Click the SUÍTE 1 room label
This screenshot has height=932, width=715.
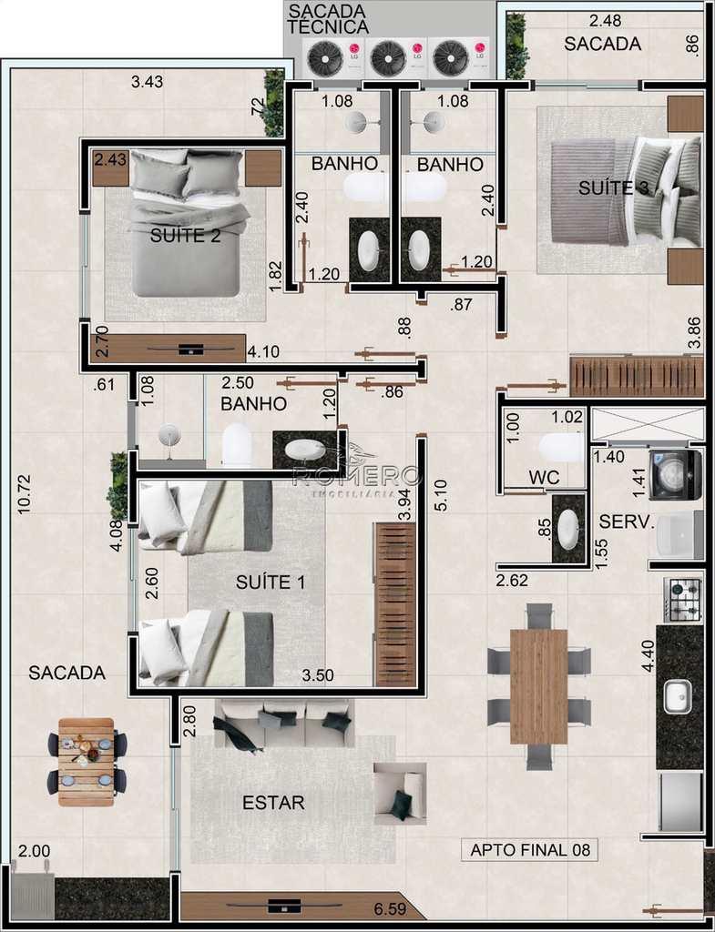click(x=271, y=582)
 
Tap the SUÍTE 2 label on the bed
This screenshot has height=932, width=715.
click(x=185, y=236)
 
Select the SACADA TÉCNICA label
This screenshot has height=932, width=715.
click(x=328, y=19)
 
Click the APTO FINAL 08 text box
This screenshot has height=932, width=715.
click(x=529, y=850)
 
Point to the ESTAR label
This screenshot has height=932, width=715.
click(x=273, y=803)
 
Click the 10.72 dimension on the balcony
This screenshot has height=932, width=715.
click(x=25, y=494)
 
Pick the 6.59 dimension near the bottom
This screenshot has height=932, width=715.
click(x=390, y=909)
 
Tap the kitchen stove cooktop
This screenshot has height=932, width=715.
click(x=683, y=600)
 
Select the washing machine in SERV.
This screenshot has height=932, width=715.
click(x=676, y=475)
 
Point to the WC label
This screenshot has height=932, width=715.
click(x=544, y=477)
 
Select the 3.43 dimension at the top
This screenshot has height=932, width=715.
click(x=147, y=81)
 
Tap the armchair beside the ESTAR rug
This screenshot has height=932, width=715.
click(x=400, y=794)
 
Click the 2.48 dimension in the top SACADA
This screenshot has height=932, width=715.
click(x=605, y=21)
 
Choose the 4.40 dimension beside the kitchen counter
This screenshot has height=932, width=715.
click(x=648, y=655)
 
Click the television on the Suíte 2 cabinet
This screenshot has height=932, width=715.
click(x=191, y=349)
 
